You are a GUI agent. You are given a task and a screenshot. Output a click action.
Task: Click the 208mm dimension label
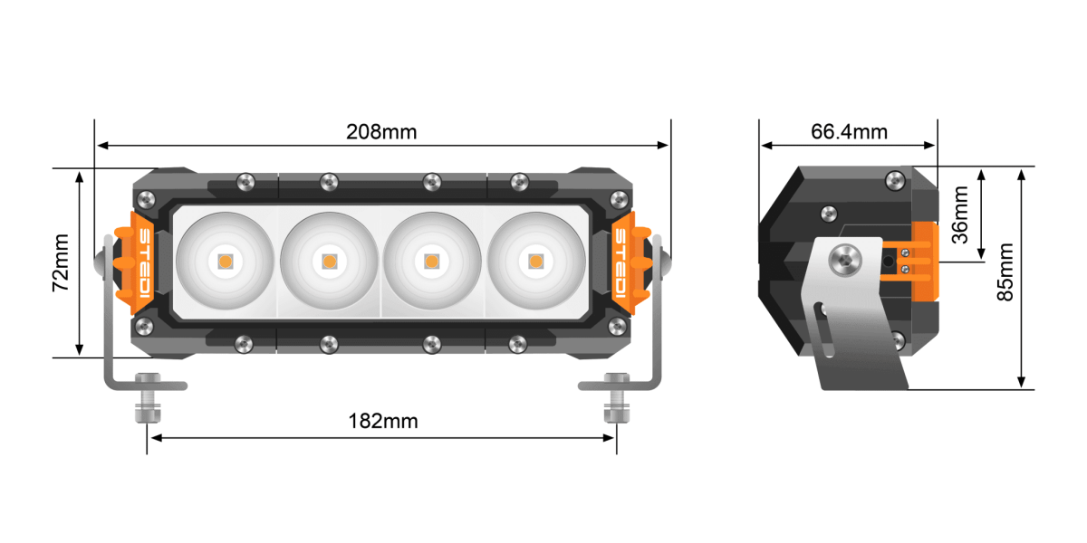pos(381,131)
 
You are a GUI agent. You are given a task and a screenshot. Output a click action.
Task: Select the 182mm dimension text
pos(383,421)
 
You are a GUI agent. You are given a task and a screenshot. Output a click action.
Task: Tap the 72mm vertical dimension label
pos(60,262)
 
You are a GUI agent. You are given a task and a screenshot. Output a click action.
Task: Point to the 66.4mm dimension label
pos(849,131)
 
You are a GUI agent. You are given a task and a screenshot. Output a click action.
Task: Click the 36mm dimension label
pos(960,214)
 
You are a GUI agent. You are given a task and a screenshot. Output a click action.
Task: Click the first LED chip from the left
pos(224,262)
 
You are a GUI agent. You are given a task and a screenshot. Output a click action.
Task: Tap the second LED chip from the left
pos(328,262)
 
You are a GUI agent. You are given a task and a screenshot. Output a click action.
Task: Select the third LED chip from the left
pos(432,262)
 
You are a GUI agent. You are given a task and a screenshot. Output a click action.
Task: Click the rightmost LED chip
pos(535,262)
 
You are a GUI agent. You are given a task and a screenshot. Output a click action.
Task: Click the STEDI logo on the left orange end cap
pos(144,263)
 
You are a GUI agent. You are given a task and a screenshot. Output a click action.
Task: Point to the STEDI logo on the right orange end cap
pos(622,263)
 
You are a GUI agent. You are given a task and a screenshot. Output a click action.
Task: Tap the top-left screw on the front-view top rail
pos(243,182)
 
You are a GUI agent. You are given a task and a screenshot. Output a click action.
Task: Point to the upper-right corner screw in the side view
pos(896,180)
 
